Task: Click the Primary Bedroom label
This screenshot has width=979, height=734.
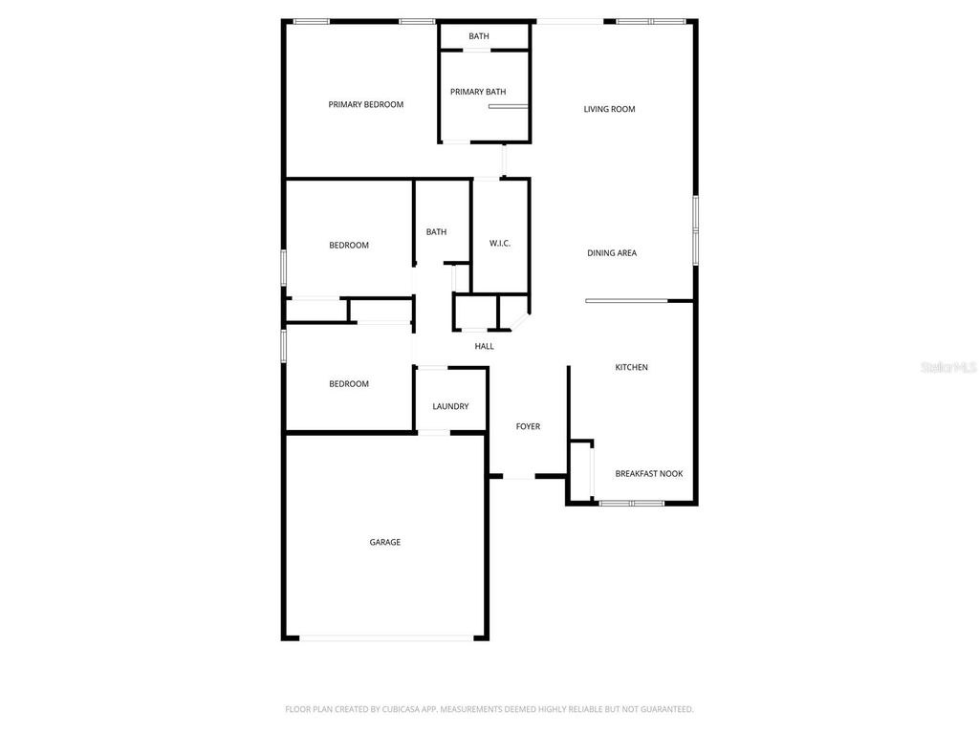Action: pyautogui.click(x=366, y=105)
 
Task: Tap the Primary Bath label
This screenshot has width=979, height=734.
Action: pyautogui.click(x=478, y=92)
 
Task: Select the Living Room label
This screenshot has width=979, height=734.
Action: pyautogui.click(x=610, y=109)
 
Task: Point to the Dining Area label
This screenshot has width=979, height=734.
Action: pyautogui.click(x=612, y=253)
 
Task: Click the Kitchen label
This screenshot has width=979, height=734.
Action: pyautogui.click(x=631, y=367)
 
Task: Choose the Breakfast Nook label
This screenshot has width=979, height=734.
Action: pyautogui.click(x=649, y=473)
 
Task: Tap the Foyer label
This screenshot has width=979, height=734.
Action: pyautogui.click(x=528, y=426)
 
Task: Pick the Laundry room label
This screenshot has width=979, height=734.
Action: pyautogui.click(x=450, y=406)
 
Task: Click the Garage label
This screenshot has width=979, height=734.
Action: pyautogui.click(x=385, y=542)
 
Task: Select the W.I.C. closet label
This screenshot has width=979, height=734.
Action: pyautogui.click(x=500, y=244)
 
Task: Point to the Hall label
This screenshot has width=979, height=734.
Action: pyautogui.click(x=485, y=346)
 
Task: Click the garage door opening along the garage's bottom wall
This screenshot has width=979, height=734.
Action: pyautogui.click(x=385, y=637)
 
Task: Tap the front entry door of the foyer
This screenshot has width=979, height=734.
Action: pyautogui.click(x=519, y=476)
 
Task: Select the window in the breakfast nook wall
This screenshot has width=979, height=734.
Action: pyautogui.click(x=631, y=503)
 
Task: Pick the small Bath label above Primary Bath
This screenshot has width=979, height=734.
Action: pyautogui.click(x=479, y=36)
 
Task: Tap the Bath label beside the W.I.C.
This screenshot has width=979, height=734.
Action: pyautogui.click(x=436, y=232)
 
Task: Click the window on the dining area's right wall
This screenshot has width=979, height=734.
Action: pyautogui.click(x=696, y=229)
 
